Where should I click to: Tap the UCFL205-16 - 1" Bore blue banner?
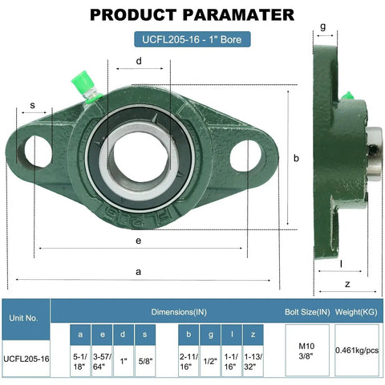[192, 38]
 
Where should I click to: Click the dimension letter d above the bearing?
[140, 61]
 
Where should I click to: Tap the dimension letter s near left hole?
[32, 105]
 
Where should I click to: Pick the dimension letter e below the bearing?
[138, 240]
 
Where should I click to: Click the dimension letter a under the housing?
[139, 272]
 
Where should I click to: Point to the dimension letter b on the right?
[296, 159]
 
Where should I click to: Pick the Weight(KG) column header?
[357, 310]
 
